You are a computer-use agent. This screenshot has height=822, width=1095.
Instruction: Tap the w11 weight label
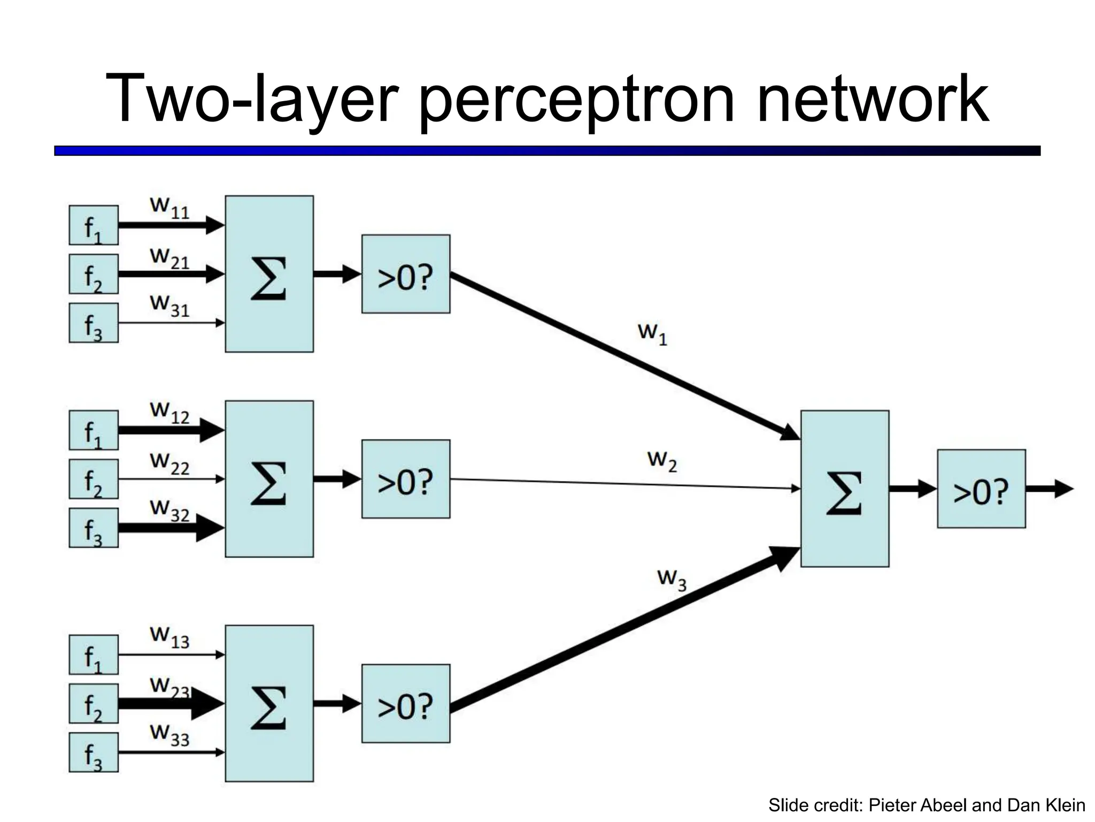pyautogui.click(x=169, y=207)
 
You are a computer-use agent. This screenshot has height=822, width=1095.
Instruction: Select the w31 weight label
pyautogui.click(x=169, y=305)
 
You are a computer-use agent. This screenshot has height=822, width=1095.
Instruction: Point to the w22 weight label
pyautogui.click(x=169, y=463)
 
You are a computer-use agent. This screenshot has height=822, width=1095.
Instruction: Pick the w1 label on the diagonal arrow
pyautogui.click(x=652, y=333)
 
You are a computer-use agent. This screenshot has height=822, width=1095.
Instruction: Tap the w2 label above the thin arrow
pyautogui.click(x=662, y=461)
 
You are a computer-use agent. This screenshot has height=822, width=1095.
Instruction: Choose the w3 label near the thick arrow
pyautogui.click(x=672, y=580)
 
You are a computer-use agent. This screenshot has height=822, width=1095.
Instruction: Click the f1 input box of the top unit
pyautogui.click(x=94, y=225)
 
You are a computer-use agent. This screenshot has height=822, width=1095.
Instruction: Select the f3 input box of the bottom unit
pyautogui.click(x=94, y=752)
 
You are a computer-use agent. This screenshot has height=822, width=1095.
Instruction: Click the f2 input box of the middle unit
pyautogui.click(x=94, y=479)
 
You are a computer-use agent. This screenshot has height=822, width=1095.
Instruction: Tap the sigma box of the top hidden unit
pyautogui.click(x=269, y=273)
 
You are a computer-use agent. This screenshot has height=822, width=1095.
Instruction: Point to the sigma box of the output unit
pyautogui.click(x=844, y=488)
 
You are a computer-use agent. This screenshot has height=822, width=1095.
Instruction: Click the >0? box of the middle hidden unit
pyautogui.click(x=405, y=479)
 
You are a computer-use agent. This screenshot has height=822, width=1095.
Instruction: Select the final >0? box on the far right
pyautogui.click(x=981, y=489)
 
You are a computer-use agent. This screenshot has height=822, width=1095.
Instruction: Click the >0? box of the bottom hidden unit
pyautogui.click(x=405, y=703)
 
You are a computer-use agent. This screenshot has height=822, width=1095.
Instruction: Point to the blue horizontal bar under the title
pyautogui.click(x=547, y=151)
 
